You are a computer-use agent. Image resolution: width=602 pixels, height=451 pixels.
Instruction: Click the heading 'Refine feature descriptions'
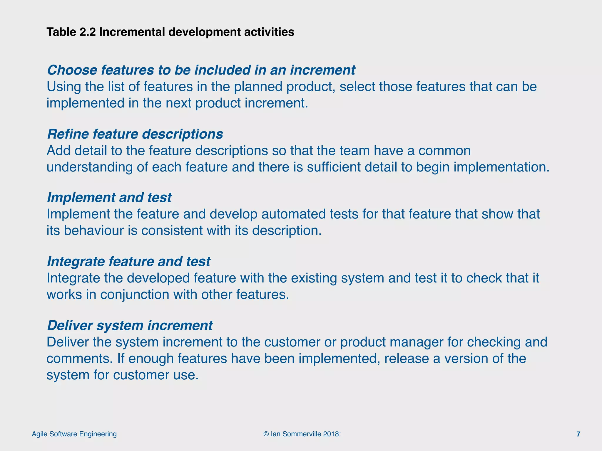(x=135, y=134)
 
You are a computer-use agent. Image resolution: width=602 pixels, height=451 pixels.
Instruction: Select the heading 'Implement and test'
(x=109, y=198)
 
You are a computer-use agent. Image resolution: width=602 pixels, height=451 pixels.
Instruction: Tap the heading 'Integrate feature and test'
(x=128, y=262)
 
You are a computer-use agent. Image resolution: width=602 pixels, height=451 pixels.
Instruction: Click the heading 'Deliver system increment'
(x=130, y=326)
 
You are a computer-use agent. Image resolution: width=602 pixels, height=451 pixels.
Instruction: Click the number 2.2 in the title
(x=88, y=32)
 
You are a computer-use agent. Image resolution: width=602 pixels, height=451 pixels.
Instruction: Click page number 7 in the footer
(x=578, y=434)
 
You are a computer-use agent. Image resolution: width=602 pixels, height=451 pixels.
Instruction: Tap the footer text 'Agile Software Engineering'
(x=74, y=434)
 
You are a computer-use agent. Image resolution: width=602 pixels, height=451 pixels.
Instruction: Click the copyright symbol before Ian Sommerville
(x=266, y=434)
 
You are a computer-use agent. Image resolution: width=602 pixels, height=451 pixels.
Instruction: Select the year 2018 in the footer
(x=331, y=434)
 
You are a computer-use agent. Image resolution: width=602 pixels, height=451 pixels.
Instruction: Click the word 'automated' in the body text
(x=293, y=214)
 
